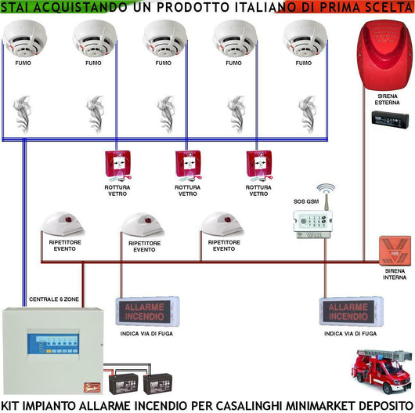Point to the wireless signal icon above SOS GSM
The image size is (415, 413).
click(x=325, y=193)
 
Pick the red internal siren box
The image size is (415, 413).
click(x=393, y=250)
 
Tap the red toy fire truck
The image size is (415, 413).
click(x=376, y=374)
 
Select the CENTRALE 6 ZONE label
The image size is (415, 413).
click(x=52, y=299)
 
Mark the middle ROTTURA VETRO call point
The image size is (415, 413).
click(x=188, y=165)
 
